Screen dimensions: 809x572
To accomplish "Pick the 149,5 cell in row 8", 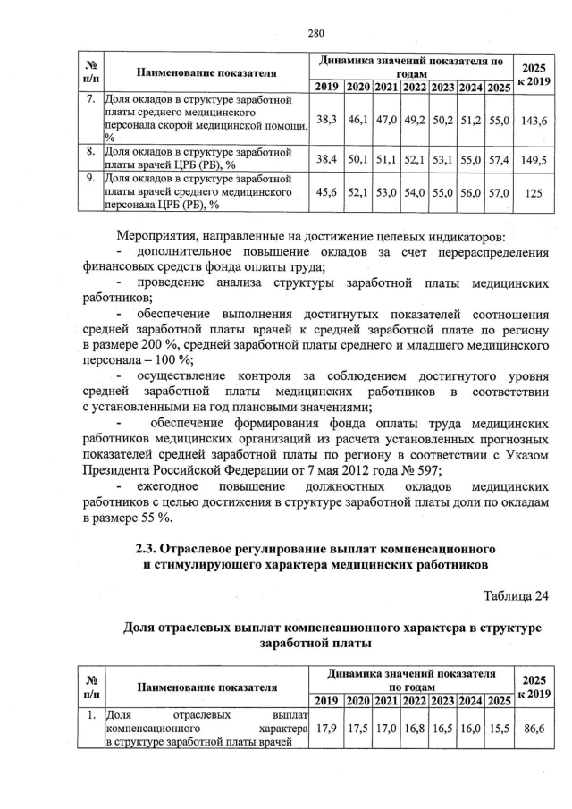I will tap(535, 159).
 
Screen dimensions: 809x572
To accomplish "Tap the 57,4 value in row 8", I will tap(499, 159).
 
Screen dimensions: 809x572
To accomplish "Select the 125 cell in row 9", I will tap(535, 191).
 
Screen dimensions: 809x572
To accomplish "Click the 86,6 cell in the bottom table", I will tap(534, 729).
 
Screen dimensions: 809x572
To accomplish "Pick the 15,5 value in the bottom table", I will tap(499, 729).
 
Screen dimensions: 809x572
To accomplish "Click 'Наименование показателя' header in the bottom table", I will tap(206, 686).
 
